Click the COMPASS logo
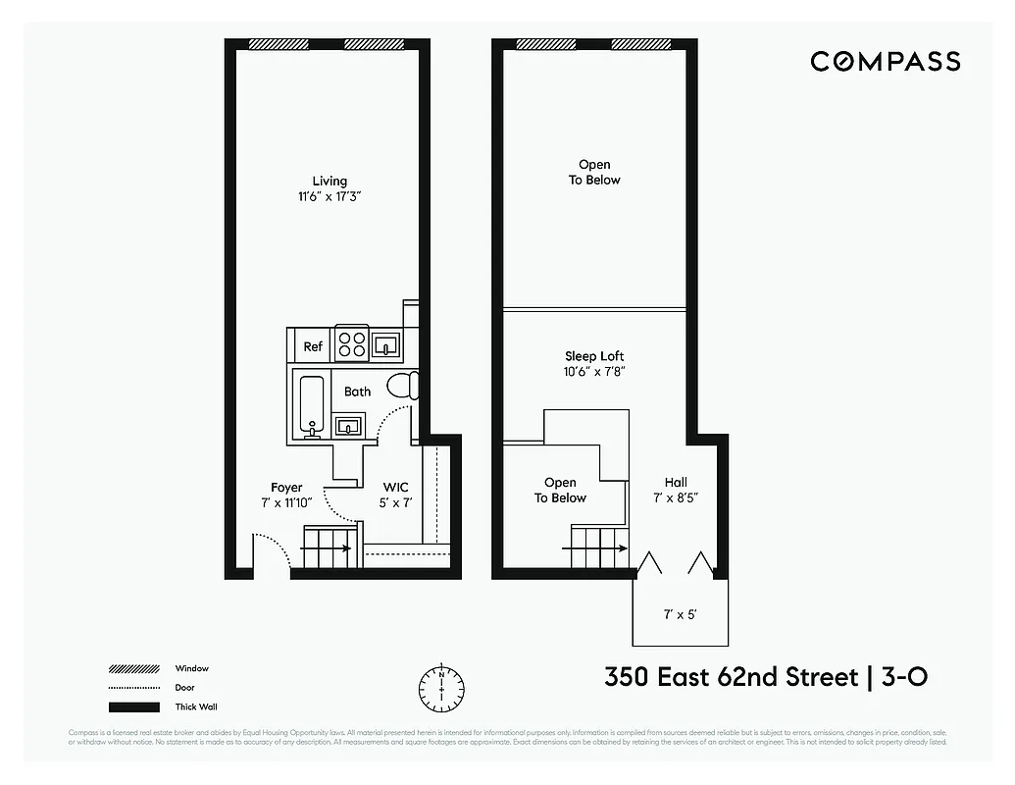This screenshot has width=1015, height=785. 885,62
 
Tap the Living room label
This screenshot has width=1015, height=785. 330,181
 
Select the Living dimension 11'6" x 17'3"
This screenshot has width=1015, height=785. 330,196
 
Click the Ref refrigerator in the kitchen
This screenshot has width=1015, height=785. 312,346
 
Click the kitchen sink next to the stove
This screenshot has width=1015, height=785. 385,344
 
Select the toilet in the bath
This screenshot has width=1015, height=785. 402,386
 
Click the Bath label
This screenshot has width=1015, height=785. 357,392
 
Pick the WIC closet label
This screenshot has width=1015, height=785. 396,487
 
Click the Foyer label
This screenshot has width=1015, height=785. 286,488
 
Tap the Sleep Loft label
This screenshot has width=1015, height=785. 594,356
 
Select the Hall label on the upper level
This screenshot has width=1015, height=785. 676,482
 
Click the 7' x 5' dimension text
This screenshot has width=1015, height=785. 680,614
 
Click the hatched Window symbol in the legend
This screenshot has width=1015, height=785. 133,669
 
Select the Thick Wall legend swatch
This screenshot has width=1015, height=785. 133,707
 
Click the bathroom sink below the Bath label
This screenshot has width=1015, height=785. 348,425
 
